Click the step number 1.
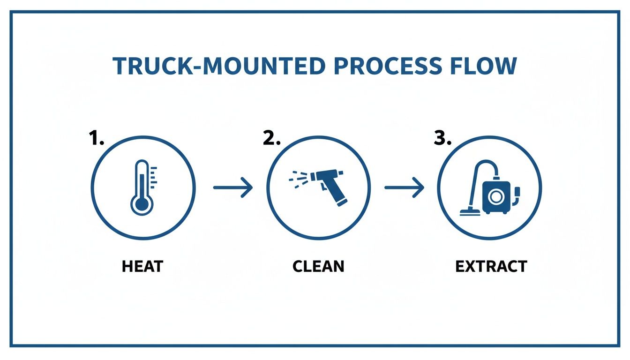point(96,139)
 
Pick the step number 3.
point(442,139)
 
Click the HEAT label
point(142,266)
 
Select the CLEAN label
point(318,266)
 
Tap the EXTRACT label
point(491,266)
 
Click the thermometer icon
point(142,187)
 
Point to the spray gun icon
point(323,187)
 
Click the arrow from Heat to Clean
point(233,188)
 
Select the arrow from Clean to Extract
point(404,188)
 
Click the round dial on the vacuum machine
point(495,196)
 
